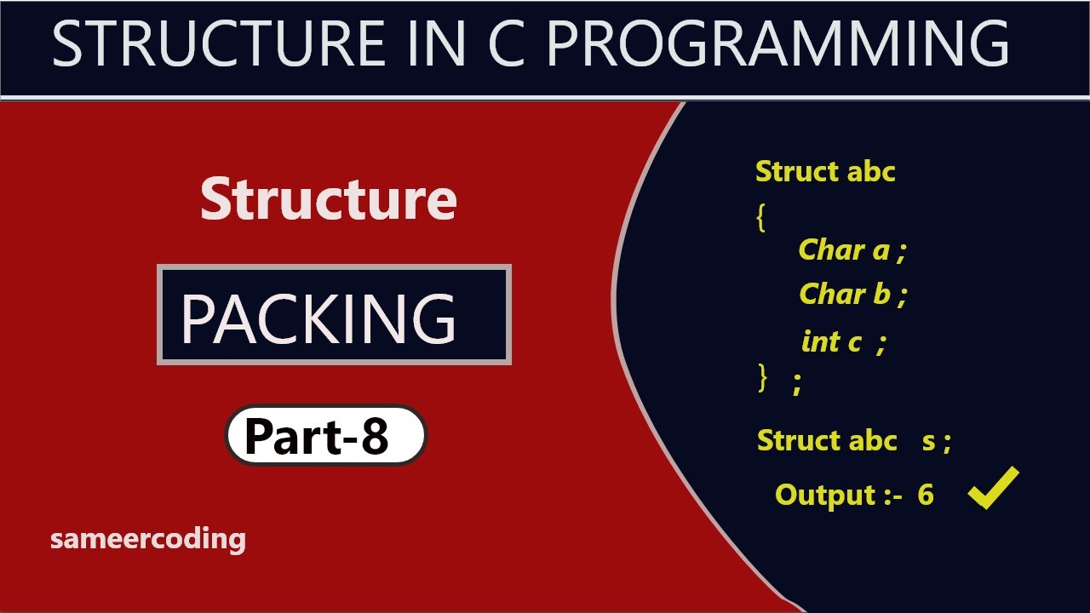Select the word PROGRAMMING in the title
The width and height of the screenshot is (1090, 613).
point(777,43)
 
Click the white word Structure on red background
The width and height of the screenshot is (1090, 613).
point(329,199)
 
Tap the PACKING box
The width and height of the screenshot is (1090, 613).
point(334,315)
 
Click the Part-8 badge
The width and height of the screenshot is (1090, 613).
point(325,436)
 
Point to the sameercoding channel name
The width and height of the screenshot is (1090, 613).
point(148,539)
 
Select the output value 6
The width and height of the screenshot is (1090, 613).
point(926,495)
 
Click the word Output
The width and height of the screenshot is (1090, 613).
point(825,495)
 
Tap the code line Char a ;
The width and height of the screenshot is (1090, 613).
point(852,249)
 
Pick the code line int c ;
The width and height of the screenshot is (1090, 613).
point(844,341)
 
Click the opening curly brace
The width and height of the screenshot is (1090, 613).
point(760,218)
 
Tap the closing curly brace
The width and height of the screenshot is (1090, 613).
point(762,377)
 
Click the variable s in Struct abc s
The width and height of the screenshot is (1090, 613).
point(929,441)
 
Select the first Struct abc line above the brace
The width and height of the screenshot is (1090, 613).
point(825,171)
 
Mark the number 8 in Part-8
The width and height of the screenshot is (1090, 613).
point(373,436)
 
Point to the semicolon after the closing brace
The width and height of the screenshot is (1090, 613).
point(797,385)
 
